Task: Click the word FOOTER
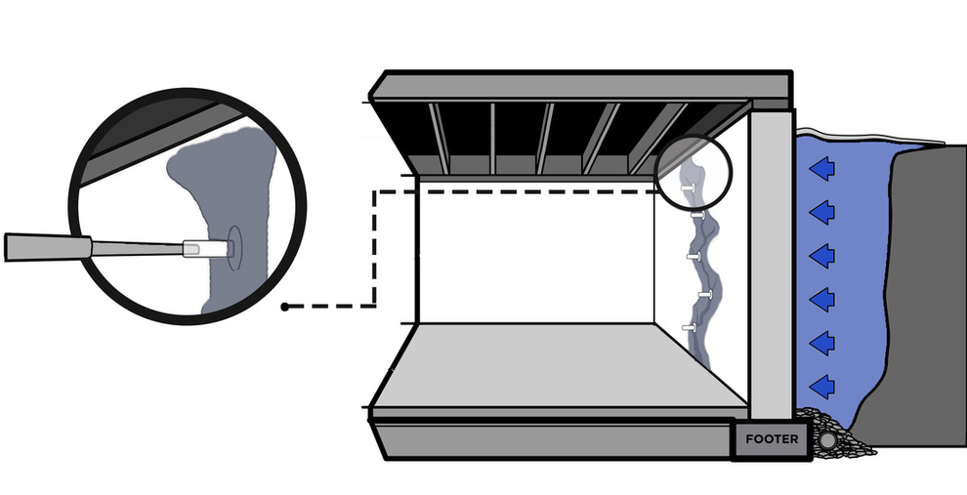[772, 439]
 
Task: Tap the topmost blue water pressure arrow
[823, 169]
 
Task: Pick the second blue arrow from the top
[823, 211]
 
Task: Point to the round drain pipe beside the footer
[828, 440]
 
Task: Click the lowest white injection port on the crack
[690, 327]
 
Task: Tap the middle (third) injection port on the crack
[694, 256]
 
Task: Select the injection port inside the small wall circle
[688, 185]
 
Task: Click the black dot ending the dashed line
[284, 307]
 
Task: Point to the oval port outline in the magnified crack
[234, 248]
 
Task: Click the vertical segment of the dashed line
[375, 249]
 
